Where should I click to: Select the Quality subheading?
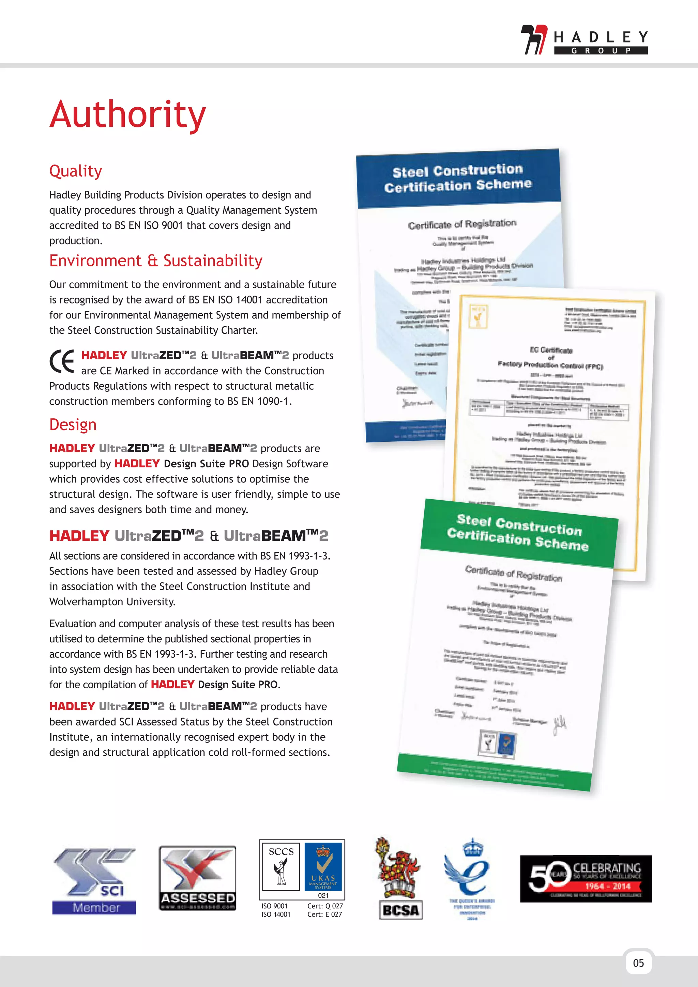(76, 171)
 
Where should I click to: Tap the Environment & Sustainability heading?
(156, 261)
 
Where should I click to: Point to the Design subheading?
(73, 425)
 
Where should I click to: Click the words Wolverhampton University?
(112, 602)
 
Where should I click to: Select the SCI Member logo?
(94, 881)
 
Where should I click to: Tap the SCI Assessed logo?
(197, 878)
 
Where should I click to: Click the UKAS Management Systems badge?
(323, 866)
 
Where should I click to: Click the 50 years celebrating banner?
(586, 879)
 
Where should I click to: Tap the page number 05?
(639, 963)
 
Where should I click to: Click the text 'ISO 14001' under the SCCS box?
(276, 915)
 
